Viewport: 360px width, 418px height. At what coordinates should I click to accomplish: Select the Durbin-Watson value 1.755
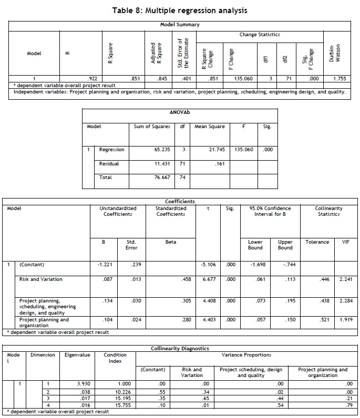[339, 78]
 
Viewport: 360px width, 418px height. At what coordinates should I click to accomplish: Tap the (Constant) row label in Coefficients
[32, 265]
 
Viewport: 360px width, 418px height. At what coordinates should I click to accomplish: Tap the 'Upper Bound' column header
[285, 245]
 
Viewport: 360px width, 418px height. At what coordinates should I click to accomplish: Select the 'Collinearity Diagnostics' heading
[180, 348]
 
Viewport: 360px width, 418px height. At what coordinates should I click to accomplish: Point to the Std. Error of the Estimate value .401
[185, 78]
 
